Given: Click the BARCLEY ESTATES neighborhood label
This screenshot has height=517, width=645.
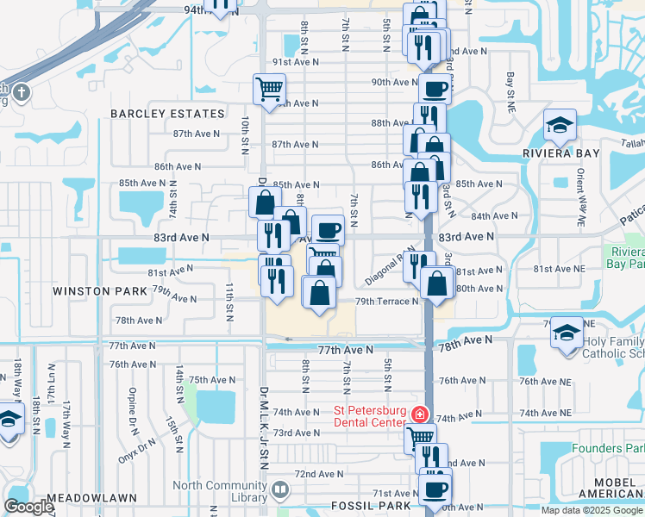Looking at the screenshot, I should pos(167,114).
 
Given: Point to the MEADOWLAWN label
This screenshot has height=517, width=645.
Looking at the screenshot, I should pos(87,499).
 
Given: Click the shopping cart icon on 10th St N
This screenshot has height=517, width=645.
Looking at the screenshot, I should pos(269,88).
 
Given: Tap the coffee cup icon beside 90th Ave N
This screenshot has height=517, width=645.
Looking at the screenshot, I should pos(435,88).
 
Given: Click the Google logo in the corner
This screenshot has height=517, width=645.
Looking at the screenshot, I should pos(28,507).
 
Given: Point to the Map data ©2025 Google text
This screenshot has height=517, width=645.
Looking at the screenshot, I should pos(592,510).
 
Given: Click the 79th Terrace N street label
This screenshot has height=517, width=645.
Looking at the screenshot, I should pos(387,302).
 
